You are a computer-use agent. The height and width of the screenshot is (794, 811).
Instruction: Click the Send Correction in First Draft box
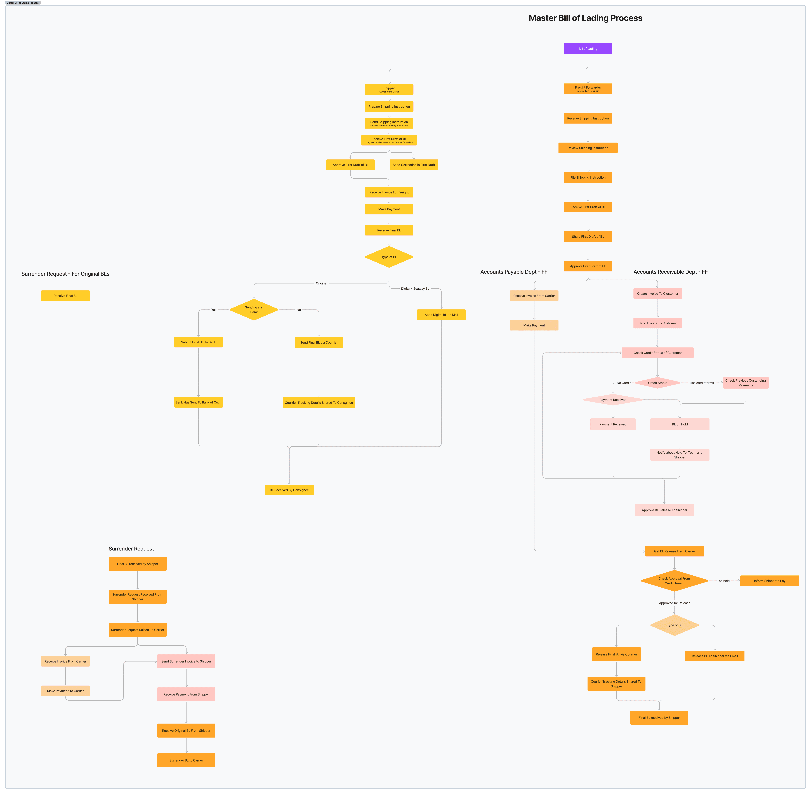tap(414, 165)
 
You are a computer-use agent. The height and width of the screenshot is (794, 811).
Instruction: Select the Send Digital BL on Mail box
tap(441, 315)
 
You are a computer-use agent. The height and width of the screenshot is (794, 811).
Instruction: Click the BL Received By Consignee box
tap(289, 490)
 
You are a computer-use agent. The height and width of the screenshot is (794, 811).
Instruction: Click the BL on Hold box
tap(680, 424)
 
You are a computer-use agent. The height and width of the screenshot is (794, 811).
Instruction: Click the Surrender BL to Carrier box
tap(186, 760)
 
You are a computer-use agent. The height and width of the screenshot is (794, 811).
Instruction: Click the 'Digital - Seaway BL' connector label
tap(415, 289)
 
